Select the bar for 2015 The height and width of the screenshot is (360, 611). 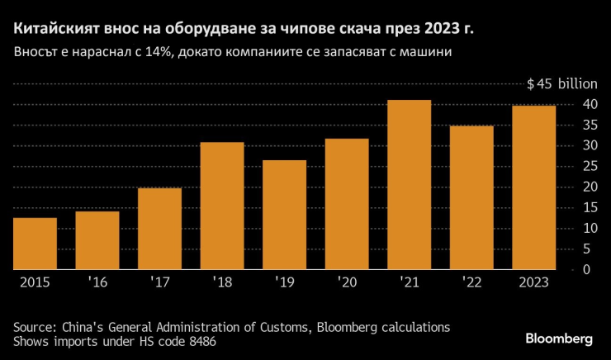(x=35, y=244)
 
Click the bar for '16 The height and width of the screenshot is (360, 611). (x=97, y=240)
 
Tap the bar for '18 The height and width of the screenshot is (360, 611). (x=222, y=206)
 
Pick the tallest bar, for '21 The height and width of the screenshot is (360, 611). (x=409, y=185)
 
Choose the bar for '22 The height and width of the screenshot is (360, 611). (x=471, y=197)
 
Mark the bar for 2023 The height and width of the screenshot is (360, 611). (x=533, y=187)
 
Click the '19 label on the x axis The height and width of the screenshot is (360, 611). (x=285, y=282)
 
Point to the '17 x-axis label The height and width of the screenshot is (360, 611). (x=160, y=282)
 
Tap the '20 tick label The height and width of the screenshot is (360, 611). (x=347, y=282)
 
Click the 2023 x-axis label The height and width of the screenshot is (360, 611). (x=533, y=282)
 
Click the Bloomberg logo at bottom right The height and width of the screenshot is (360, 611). (x=559, y=339)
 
